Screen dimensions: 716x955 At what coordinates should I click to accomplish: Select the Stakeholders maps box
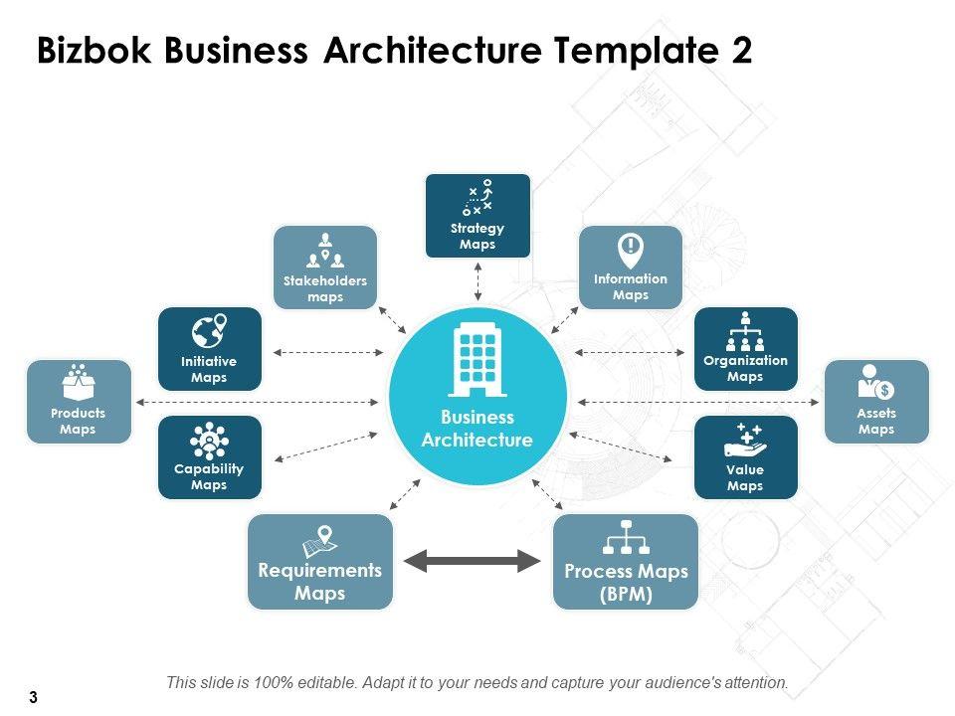[325, 267]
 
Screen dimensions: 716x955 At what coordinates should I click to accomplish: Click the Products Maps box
[78, 402]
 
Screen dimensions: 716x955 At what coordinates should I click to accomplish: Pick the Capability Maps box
[209, 457]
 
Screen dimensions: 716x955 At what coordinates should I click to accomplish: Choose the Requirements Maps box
[320, 561]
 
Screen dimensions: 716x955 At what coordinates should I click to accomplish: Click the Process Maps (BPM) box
[626, 561]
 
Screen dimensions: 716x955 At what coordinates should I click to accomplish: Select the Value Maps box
[745, 457]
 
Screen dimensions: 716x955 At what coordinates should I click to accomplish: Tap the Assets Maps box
[876, 402]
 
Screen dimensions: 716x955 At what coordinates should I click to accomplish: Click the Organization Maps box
[745, 348]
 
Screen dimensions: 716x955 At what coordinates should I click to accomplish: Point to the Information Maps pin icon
[630, 248]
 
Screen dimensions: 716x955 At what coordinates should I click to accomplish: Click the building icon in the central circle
[477, 358]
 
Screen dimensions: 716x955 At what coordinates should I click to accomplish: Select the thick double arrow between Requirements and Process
[474, 561]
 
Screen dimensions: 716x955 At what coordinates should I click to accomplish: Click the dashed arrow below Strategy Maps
[477, 282]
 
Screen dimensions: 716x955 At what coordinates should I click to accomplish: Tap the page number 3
[33, 697]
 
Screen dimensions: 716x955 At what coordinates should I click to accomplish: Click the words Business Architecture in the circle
[477, 429]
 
